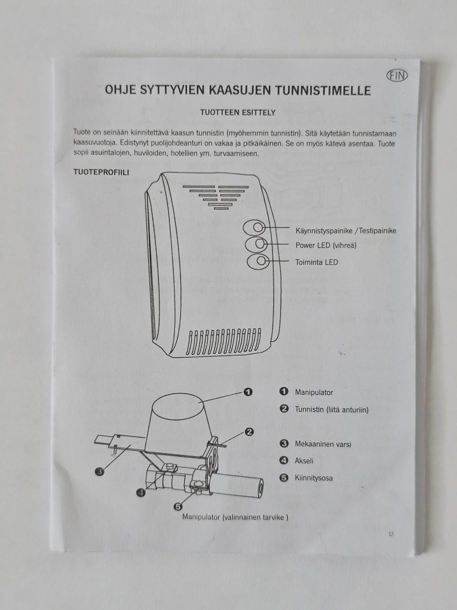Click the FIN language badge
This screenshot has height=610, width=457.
point(397,75)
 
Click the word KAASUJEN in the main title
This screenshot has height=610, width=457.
point(239,91)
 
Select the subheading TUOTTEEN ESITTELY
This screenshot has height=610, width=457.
point(238,112)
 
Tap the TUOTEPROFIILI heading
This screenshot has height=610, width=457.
point(101,173)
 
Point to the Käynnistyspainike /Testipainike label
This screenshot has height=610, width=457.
point(346,231)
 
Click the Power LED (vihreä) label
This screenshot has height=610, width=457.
point(326,245)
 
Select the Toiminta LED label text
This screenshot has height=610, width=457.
point(317,262)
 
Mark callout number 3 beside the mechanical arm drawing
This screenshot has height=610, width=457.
point(99,471)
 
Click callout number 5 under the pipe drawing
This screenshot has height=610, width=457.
point(178,507)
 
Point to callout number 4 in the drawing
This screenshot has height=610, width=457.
point(141,492)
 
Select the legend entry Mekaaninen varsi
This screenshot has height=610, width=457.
point(323,444)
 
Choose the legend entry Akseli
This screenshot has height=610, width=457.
point(304,461)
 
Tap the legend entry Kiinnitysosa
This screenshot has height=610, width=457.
point(314,478)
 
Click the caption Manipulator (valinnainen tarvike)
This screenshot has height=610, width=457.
point(235,517)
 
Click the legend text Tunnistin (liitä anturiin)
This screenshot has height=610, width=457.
point(332,409)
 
